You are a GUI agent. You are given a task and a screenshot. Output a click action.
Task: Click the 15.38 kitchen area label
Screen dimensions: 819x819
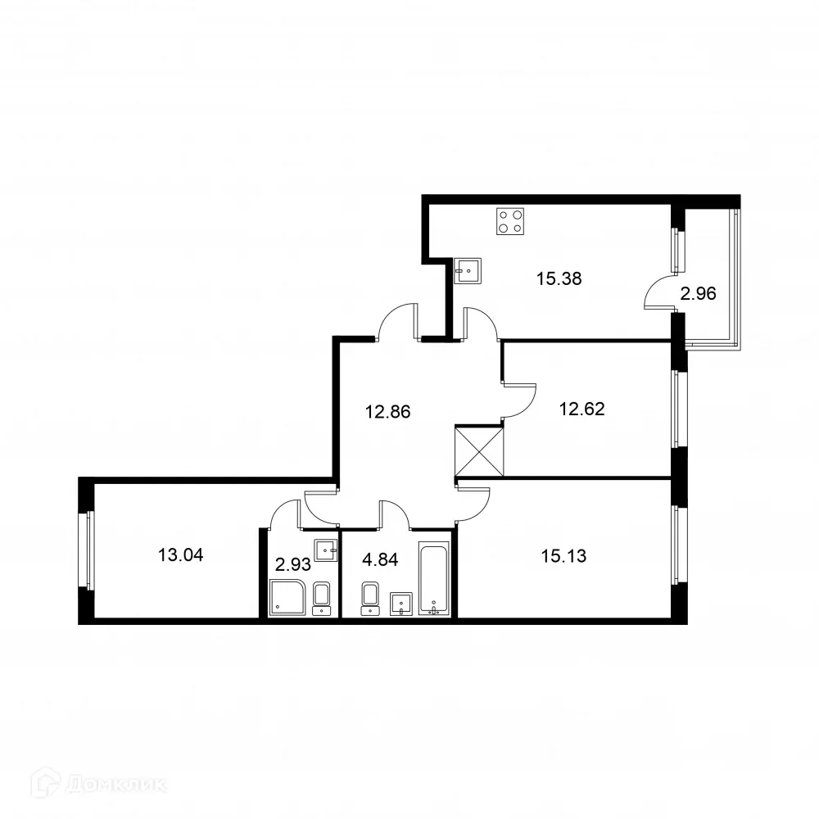click(x=559, y=278)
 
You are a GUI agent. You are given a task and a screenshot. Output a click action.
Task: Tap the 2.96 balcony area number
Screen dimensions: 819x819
click(x=699, y=294)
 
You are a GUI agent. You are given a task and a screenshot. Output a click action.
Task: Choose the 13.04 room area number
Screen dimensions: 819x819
click(x=180, y=555)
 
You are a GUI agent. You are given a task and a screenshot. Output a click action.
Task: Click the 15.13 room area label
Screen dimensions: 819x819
click(x=563, y=555)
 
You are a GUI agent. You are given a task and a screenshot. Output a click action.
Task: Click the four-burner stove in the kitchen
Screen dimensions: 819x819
click(x=510, y=221)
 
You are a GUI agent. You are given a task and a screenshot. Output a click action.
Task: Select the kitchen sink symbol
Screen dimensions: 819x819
click(x=468, y=270)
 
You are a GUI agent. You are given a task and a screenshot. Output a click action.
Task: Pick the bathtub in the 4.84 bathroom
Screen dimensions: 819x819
click(x=434, y=577)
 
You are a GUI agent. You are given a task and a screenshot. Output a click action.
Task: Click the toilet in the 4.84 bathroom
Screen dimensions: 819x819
click(x=371, y=598)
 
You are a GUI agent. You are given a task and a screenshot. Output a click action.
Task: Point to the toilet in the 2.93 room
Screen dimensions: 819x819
click(x=323, y=597)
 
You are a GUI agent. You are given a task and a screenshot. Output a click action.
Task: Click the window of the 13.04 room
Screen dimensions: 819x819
click(x=88, y=550)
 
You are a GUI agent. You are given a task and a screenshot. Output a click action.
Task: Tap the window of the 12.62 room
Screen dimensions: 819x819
click(x=679, y=409)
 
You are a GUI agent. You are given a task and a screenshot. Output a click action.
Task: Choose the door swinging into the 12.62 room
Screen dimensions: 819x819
click(x=519, y=400)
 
